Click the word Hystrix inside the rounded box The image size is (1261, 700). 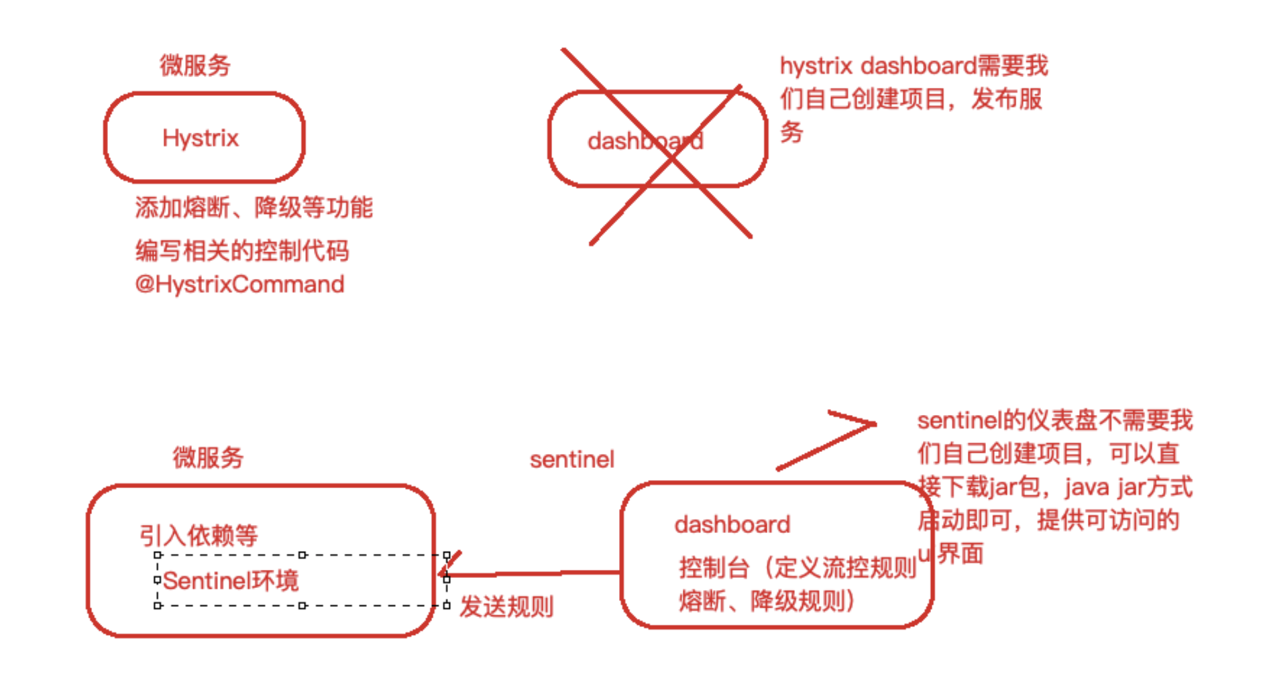(201, 138)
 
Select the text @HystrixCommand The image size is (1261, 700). (239, 284)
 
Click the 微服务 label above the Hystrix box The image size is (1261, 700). (195, 66)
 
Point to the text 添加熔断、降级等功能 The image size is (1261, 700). (254, 207)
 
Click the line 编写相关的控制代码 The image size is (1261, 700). (242, 251)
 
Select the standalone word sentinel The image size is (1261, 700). (571, 460)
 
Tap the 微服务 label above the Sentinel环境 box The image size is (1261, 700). (208, 457)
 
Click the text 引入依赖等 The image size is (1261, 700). (199, 536)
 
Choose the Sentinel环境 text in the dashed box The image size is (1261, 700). (230, 581)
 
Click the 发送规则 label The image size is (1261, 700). (506, 607)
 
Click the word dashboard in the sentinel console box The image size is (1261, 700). (732, 524)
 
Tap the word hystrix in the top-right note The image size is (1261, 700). (816, 66)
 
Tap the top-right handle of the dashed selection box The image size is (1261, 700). (447, 555)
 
